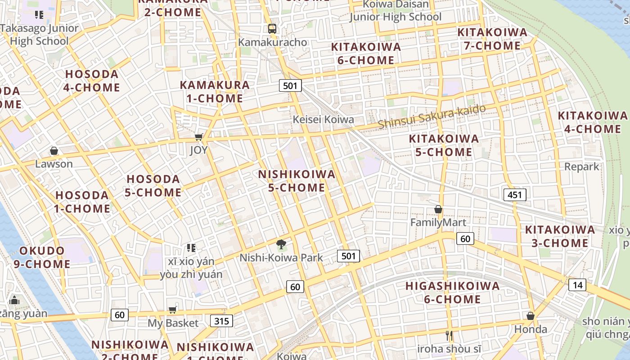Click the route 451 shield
[514, 195]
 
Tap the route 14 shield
[577, 284]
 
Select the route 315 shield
[221, 321]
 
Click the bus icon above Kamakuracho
[272, 28]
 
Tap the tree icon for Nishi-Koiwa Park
[281, 244]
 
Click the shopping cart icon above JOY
[198, 137]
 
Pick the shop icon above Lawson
[54, 151]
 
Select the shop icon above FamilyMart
[438, 209]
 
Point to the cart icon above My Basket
[173, 310]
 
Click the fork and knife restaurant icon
[449, 335]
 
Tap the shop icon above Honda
[531, 316]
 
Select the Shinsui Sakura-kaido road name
[432, 117]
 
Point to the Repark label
[582, 167]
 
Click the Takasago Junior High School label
[39, 35]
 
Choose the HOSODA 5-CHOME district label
[153, 186]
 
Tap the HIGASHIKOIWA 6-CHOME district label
[452, 292]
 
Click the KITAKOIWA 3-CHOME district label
[559, 237]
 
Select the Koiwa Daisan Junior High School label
[396, 10]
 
